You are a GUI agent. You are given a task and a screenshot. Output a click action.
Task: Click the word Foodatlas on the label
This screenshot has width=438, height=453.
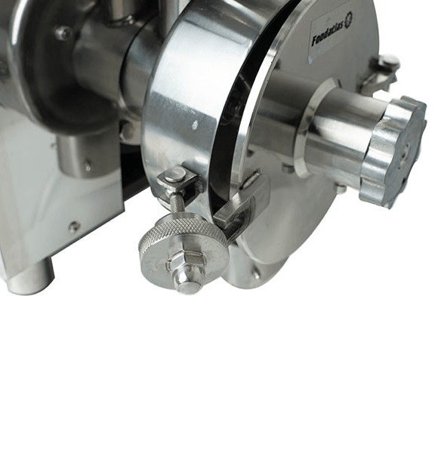coord(327,32)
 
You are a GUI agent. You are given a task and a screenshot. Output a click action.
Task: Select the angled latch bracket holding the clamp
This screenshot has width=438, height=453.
coord(243,208)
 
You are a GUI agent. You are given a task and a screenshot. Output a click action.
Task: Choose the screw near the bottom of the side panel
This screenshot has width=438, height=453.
coord(73,226)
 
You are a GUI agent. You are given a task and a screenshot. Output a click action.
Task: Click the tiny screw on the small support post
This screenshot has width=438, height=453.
coord(88,164)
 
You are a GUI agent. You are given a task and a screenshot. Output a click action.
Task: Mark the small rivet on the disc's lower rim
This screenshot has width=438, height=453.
coord(257,275)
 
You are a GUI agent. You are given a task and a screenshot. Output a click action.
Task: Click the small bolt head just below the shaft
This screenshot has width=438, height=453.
coord(341,188)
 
